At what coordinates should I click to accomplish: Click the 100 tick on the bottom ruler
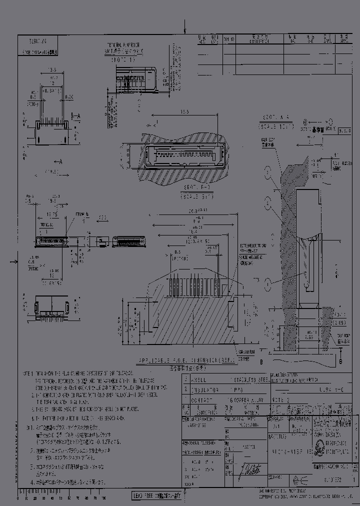coord(103,498)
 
